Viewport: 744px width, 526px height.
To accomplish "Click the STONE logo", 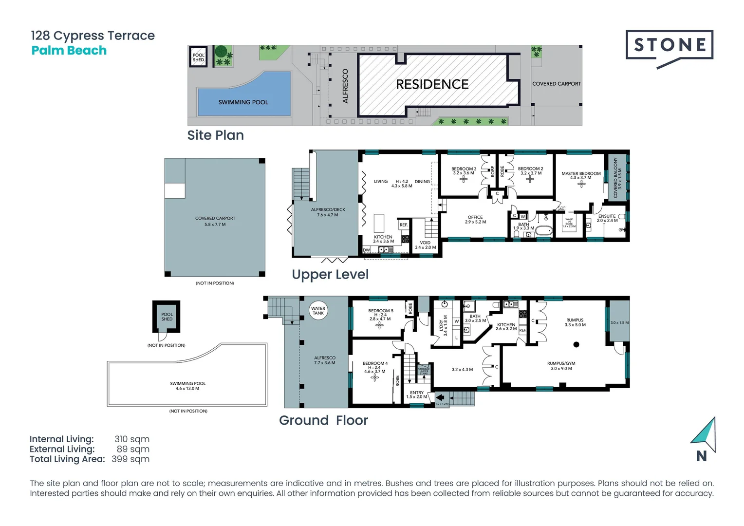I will pyautogui.click(x=669, y=46).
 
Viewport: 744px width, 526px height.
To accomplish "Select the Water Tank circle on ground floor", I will pyautogui.click(x=318, y=311).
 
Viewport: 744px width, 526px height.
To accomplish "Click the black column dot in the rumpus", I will pyautogui.click(x=576, y=345).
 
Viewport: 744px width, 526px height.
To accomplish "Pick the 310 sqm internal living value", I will pyautogui.click(x=132, y=439).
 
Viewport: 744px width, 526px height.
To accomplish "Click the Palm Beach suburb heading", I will pyautogui.click(x=69, y=51).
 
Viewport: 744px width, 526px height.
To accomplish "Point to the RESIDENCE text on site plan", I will pyautogui.click(x=432, y=85).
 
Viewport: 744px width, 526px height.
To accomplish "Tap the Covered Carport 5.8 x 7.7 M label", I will pyautogui.click(x=215, y=221).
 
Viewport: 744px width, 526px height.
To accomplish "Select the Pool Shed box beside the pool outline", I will pyautogui.click(x=167, y=317).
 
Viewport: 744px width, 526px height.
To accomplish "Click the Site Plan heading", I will pyautogui.click(x=215, y=135).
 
